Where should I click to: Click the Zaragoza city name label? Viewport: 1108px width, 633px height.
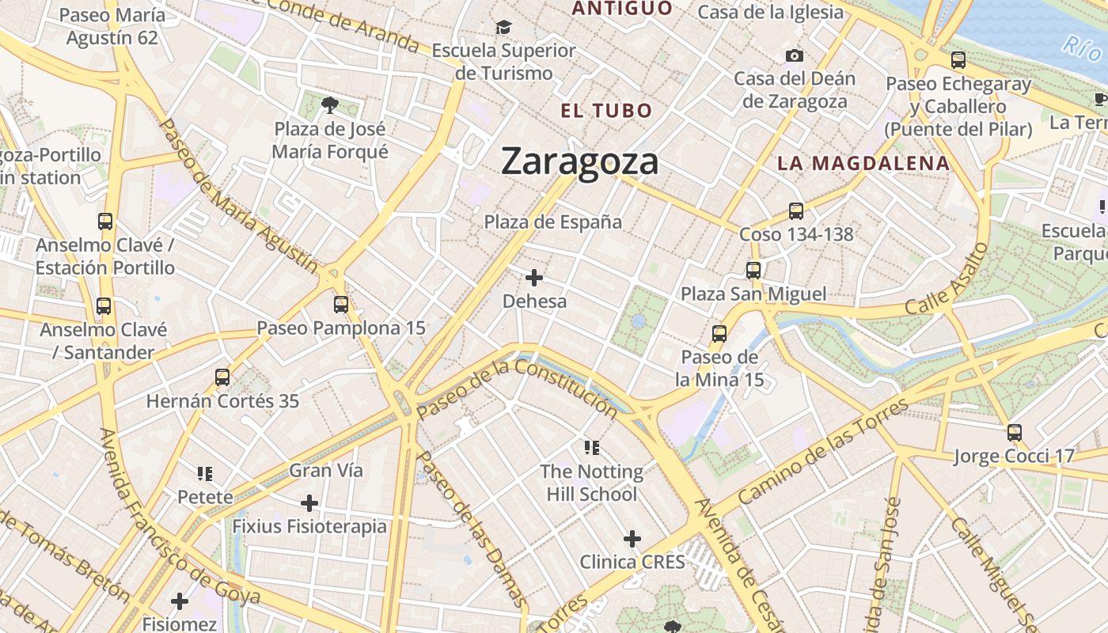(579, 161)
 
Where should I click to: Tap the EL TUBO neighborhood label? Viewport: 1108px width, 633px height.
(606, 111)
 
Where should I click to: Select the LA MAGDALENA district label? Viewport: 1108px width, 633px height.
(863, 164)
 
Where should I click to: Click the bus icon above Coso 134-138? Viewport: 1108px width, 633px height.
(796, 211)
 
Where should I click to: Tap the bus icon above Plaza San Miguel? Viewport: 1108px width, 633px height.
(753, 271)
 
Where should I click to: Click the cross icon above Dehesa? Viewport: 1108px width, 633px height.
(535, 278)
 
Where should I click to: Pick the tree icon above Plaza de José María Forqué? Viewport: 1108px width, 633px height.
(330, 104)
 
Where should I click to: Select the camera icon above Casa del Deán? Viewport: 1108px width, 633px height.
(795, 55)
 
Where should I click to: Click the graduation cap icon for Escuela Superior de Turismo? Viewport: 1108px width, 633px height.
(503, 28)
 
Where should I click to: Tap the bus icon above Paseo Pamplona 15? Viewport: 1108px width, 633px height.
(341, 304)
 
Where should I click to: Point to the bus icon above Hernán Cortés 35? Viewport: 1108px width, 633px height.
(222, 377)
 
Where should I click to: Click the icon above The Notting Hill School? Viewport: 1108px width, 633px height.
(591, 448)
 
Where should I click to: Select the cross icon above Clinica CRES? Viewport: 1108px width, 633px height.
(632, 539)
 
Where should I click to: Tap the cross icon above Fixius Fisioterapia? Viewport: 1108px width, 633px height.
(309, 502)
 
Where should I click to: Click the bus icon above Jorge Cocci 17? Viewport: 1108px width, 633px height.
(1014, 432)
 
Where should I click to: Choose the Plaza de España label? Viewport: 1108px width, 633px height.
(553, 222)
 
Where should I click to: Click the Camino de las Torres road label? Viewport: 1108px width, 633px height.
(823, 452)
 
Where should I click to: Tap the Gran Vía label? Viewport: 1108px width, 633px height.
(326, 471)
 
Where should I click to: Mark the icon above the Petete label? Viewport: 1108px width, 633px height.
(205, 474)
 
